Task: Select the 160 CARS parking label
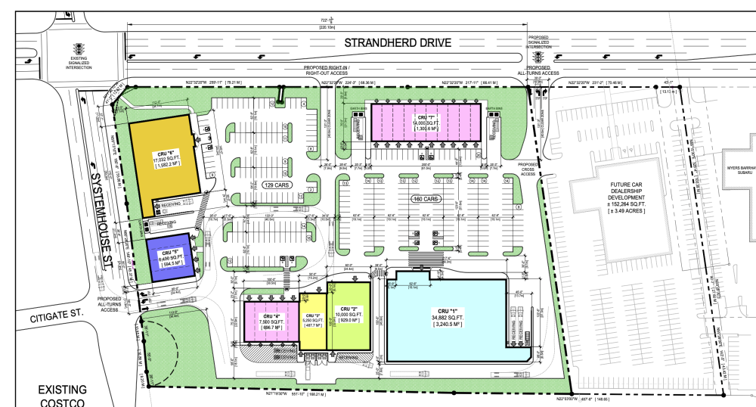(x=426, y=200)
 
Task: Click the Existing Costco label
(x=64, y=396)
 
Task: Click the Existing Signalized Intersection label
(x=80, y=62)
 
